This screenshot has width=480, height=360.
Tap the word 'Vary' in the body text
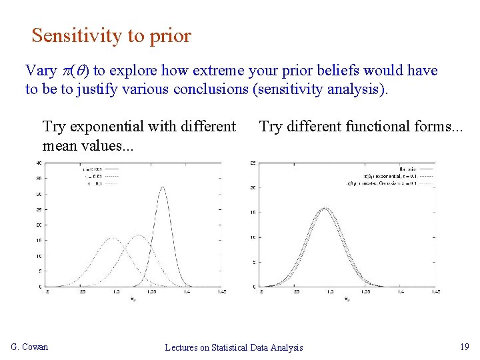pos(41,71)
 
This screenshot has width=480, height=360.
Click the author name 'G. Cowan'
pos(30,347)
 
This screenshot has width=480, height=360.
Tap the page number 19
pos(465,347)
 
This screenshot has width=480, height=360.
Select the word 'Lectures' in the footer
pos(183,347)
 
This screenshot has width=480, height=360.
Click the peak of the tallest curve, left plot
pos(163,188)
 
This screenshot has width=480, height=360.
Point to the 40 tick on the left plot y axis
pos(39,163)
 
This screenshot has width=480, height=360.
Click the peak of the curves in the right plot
pos(325,209)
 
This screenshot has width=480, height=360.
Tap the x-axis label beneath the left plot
pos(133,298)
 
